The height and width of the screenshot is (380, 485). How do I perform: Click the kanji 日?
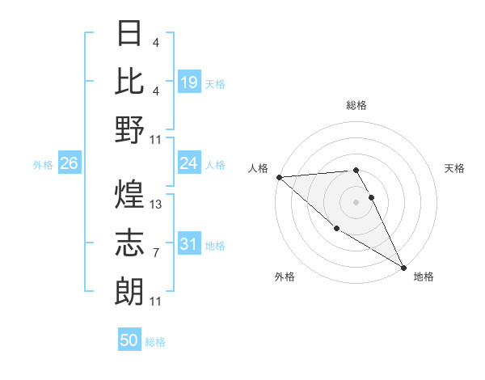[x=130, y=34]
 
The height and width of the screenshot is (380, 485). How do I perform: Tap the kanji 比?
[x=130, y=82]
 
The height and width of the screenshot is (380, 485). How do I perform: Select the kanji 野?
[x=130, y=129]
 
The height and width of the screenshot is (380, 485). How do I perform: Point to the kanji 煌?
[x=130, y=195]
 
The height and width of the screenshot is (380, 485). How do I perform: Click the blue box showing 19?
[x=189, y=82]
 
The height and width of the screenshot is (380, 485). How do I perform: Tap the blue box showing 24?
[x=189, y=164]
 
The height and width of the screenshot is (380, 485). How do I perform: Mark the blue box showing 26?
[x=70, y=164]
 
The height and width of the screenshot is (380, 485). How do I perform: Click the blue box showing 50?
[x=129, y=340]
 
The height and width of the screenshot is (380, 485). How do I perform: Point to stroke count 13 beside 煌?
[x=156, y=205]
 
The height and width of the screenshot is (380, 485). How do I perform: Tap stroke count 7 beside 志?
[x=156, y=253]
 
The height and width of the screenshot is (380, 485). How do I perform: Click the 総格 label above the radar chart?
[x=356, y=105]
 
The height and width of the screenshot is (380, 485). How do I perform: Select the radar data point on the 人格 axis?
[x=279, y=177]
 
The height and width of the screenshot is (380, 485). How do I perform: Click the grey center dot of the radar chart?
[x=356, y=201]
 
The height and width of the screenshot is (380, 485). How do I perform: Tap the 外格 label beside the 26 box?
[x=43, y=165]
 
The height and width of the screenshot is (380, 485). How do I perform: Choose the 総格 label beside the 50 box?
[x=155, y=342]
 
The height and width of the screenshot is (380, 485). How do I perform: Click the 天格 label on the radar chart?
[x=454, y=168]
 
